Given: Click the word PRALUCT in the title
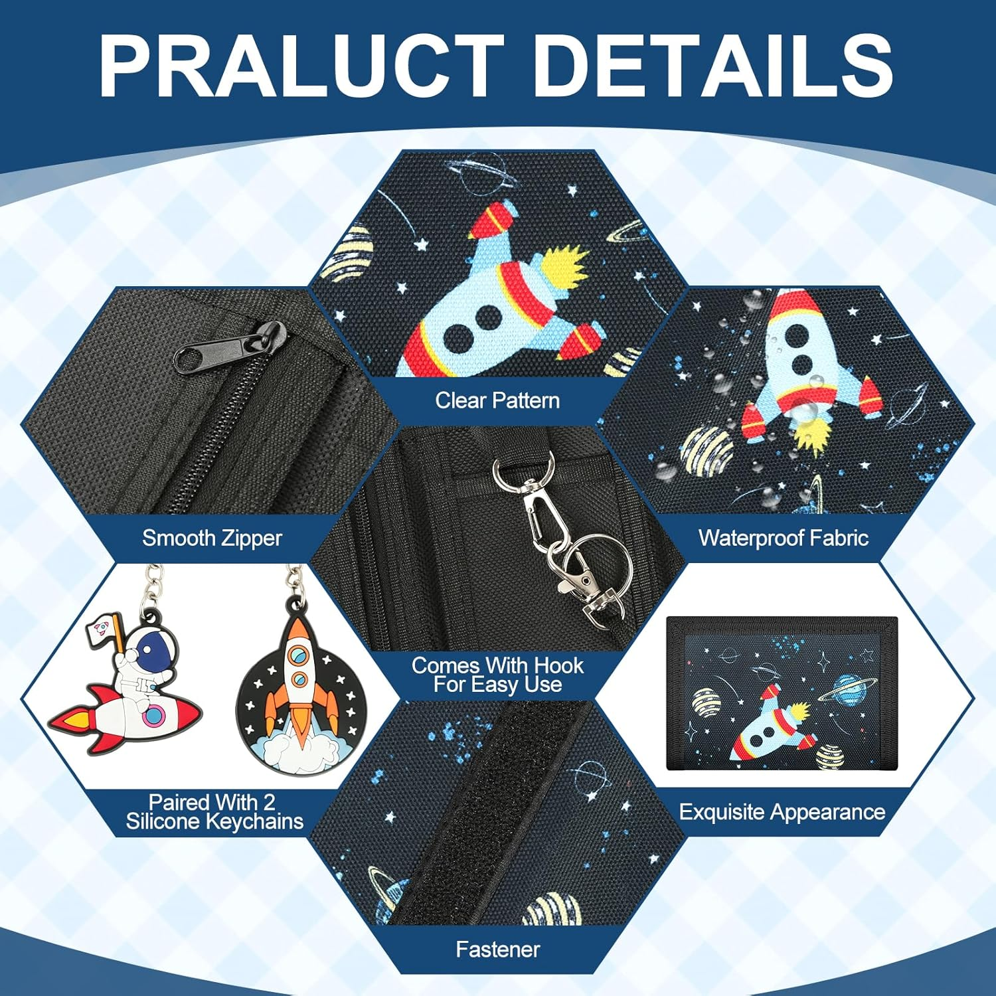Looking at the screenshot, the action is (302, 66).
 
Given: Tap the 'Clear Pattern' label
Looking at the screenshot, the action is (497, 400).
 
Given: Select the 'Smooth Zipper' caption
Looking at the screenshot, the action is (212, 538).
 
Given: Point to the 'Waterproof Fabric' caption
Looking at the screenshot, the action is (784, 538).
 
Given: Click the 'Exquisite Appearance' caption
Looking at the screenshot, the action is (782, 812).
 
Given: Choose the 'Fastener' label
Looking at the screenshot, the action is (497, 950).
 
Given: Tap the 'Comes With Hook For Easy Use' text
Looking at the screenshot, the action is (497, 675).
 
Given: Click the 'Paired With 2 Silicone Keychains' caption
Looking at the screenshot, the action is (214, 811).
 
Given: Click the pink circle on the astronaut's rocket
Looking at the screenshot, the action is (155, 716).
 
